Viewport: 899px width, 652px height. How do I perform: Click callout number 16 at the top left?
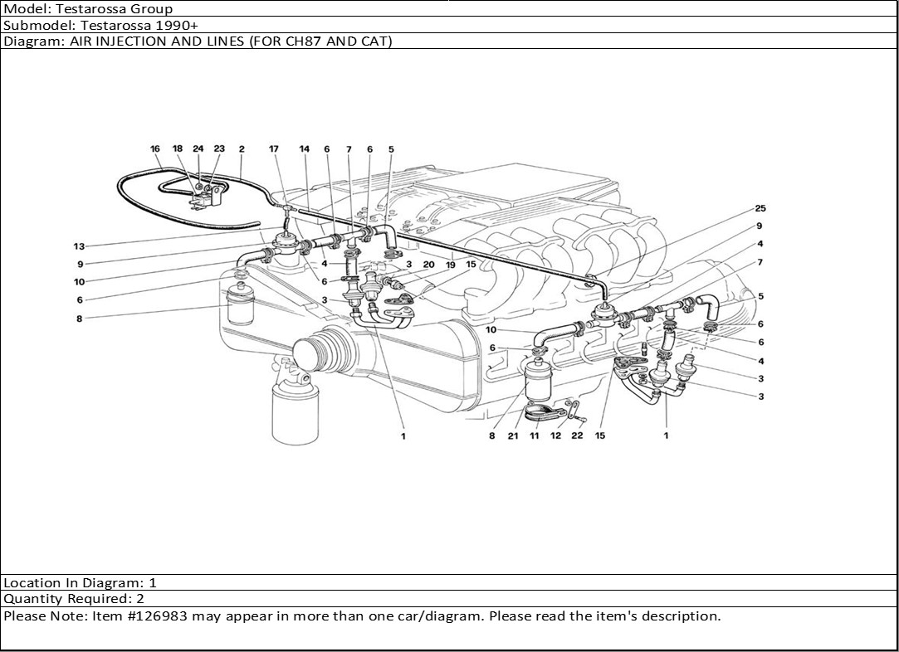(x=155, y=149)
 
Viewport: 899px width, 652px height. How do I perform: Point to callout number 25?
(x=760, y=207)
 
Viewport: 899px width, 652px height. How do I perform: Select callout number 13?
(x=80, y=246)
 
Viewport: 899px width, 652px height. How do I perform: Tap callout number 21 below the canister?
(x=514, y=435)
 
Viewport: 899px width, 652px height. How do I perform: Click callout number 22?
(x=578, y=435)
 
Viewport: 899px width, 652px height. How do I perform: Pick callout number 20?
(x=428, y=265)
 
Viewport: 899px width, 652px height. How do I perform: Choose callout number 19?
(x=450, y=265)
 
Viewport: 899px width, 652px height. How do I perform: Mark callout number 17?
(x=274, y=149)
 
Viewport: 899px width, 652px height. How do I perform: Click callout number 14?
(x=305, y=149)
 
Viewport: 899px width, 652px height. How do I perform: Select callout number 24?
(x=198, y=149)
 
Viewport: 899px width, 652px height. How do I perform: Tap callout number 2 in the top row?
(x=242, y=149)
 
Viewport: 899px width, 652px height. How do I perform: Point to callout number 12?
(x=555, y=435)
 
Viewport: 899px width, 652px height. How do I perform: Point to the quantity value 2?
(x=140, y=599)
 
